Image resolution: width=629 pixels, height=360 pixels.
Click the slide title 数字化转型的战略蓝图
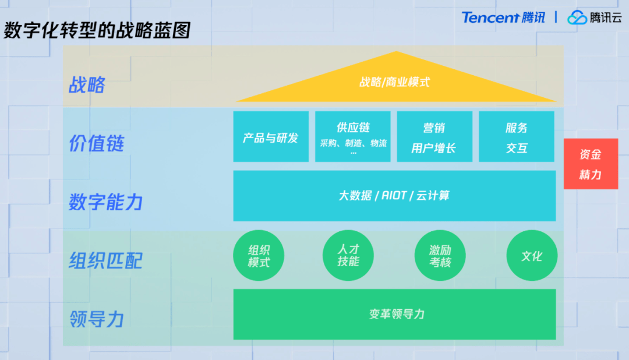click(x=97, y=30)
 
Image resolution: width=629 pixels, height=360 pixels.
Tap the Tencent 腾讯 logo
click(x=503, y=17)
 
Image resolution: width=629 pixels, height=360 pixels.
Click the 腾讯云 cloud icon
click(x=577, y=18)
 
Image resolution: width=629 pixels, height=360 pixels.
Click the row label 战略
click(x=87, y=85)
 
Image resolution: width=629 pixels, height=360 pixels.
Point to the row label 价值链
click(x=97, y=143)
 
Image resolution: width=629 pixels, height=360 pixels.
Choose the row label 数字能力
click(x=105, y=202)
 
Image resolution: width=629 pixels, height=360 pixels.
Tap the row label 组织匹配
click(x=105, y=260)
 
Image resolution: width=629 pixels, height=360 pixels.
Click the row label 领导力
click(x=96, y=319)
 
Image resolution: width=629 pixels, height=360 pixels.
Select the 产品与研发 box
click(x=271, y=137)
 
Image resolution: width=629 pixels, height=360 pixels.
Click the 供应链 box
click(x=353, y=137)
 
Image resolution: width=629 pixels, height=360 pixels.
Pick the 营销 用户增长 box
click(x=434, y=137)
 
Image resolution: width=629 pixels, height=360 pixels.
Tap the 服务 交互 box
click(x=517, y=137)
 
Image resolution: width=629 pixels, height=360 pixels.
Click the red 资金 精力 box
click(x=591, y=164)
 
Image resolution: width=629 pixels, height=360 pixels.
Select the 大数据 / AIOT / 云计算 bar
click(x=394, y=196)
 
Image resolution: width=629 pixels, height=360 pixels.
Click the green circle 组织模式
click(x=259, y=256)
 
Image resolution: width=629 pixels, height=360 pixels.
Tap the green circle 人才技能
click(x=348, y=256)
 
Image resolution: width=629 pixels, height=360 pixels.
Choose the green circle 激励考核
click(x=440, y=256)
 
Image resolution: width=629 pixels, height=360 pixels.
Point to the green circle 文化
click(x=532, y=256)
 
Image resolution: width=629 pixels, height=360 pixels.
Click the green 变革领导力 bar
click(x=394, y=314)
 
